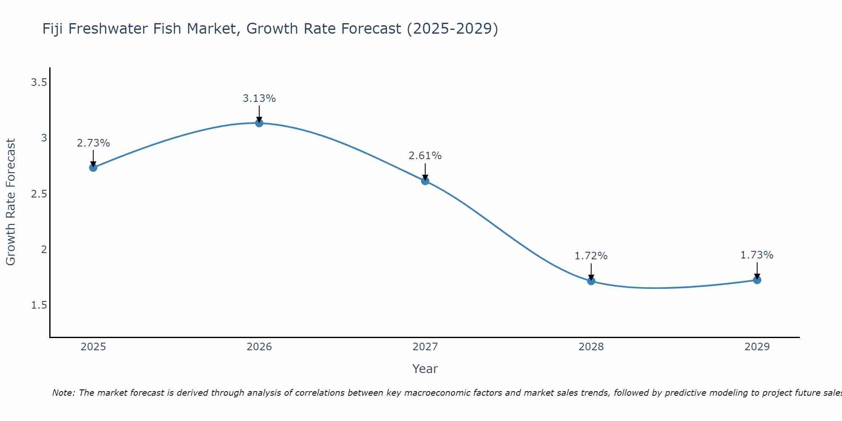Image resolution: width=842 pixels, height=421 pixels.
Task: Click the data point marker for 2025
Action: (x=93, y=168)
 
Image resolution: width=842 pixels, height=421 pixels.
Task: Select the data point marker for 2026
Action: (x=259, y=123)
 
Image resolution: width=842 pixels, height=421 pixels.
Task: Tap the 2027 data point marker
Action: (x=425, y=181)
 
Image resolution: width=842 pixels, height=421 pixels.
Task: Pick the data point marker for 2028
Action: (x=591, y=281)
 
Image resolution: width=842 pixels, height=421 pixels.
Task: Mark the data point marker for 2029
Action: (x=757, y=280)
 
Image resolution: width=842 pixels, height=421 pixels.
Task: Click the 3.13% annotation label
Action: (x=259, y=99)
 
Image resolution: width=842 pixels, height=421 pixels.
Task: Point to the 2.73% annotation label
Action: (x=93, y=143)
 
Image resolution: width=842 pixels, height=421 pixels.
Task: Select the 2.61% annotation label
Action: (x=425, y=156)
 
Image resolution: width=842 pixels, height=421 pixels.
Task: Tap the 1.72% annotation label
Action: (x=591, y=256)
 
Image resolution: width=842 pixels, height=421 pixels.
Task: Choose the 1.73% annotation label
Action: (x=757, y=255)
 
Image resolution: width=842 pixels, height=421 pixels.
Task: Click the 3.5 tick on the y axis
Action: (x=39, y=83)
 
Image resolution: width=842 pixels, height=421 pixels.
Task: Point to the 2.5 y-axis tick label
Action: (x=39, y=194)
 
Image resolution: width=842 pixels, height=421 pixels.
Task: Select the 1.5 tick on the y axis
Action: (x=39, y=305)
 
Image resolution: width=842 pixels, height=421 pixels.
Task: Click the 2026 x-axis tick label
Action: (x=259, y=347)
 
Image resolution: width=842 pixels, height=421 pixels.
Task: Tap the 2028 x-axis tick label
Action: (x=591, y=347)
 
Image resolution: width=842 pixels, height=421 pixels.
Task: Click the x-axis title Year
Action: (x=425, y=369)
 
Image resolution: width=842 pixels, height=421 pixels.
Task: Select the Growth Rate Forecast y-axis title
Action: (x=11, y=202)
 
